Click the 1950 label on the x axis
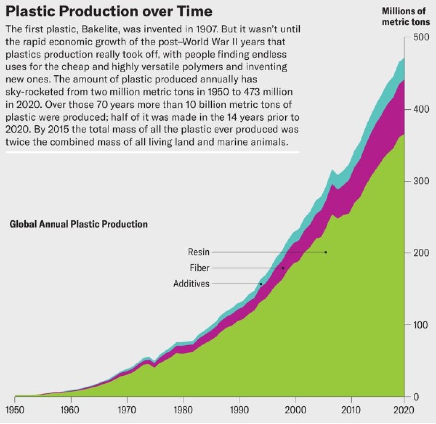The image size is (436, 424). click(x=15, y=410)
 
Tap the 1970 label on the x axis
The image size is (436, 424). click(x=127, y=410)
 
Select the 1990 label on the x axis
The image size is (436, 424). click(x=239, y=410)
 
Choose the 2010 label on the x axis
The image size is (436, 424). click(x=351, y=410)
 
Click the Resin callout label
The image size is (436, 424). click(x=199, y=252)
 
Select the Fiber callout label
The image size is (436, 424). click(x=200, y=268)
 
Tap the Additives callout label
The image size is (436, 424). click(x=191, y=284)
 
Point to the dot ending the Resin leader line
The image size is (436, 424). click(x=326, y=252)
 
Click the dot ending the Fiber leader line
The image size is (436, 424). click(x=283, y=268)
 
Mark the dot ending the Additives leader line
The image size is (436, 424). click(x=261, y=284)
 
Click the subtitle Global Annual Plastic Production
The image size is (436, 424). click(x=79, y=224)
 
